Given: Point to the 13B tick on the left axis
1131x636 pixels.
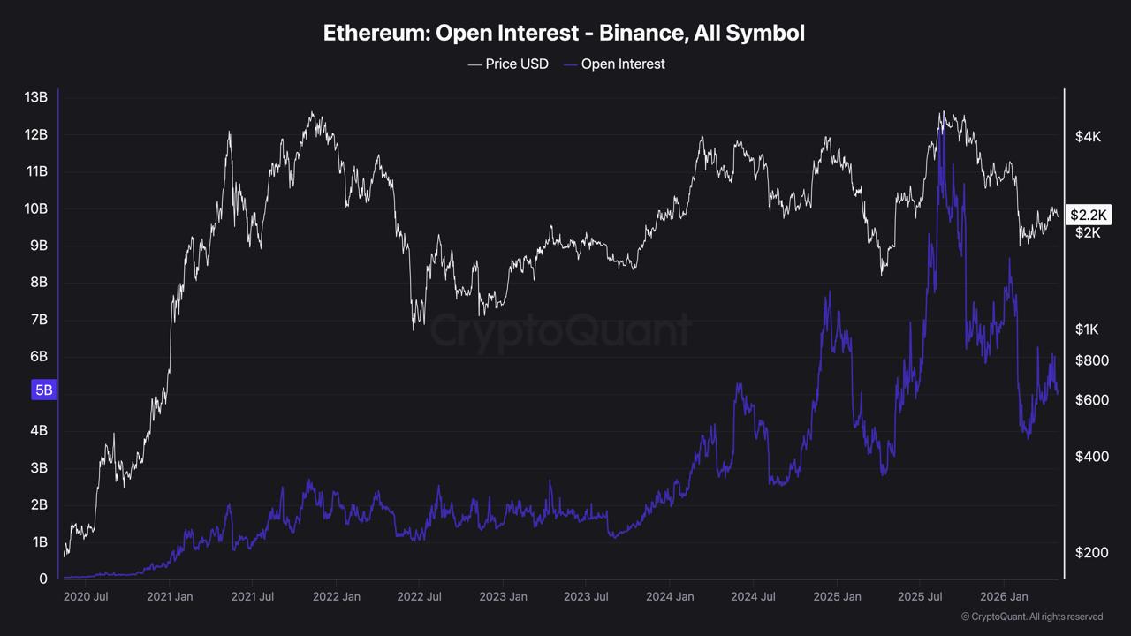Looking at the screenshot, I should (x=36, y=97).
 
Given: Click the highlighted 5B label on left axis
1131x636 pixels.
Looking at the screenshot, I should (x=43, y=390).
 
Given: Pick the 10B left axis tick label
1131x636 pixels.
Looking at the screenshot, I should (x=36, y=208).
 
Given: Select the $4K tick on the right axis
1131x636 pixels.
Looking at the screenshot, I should (x=1088, y=136).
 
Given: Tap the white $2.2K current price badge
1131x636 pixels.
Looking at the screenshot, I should (x=1089, y=215).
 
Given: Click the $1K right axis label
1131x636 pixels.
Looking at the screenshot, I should (x=1088, y=329).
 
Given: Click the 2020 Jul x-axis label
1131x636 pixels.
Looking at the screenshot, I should (x=87, y=597).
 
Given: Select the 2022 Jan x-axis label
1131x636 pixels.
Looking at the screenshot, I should (x=337, y=597).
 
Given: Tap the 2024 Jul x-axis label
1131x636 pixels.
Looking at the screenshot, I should (x=753, y=597).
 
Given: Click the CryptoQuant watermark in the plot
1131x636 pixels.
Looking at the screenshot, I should (x=560, y=330).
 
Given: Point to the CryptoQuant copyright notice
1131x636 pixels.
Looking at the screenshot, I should (x=1031, y=617).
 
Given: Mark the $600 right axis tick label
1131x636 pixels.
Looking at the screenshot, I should (x=1091, y=400).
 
